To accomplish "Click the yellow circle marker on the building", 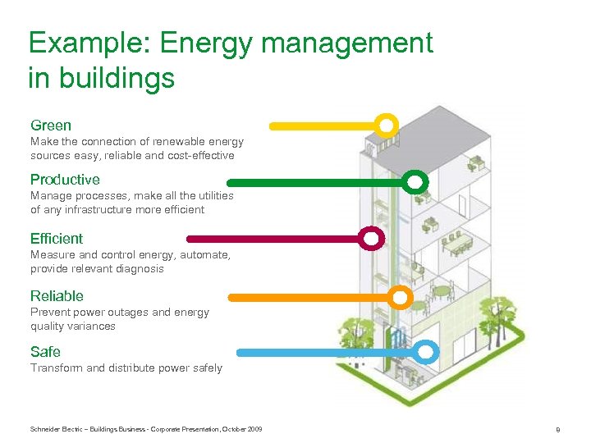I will click(x=387, y=126).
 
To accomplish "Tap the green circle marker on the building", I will click(x=416, y=181).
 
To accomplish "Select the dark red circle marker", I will click(x=372, y=239).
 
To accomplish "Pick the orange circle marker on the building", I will click(x=400, y=297).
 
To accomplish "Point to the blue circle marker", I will click(x=424, y=353).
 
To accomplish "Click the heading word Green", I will click(x=51, y=126).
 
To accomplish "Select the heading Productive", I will click(x=65, y=180).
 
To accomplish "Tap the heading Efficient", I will click(x=57, y=239).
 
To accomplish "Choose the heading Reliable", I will click(x=57, y=296).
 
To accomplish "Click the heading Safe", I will click(x=45, y=352).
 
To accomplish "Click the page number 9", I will click(x=557, y=429).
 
